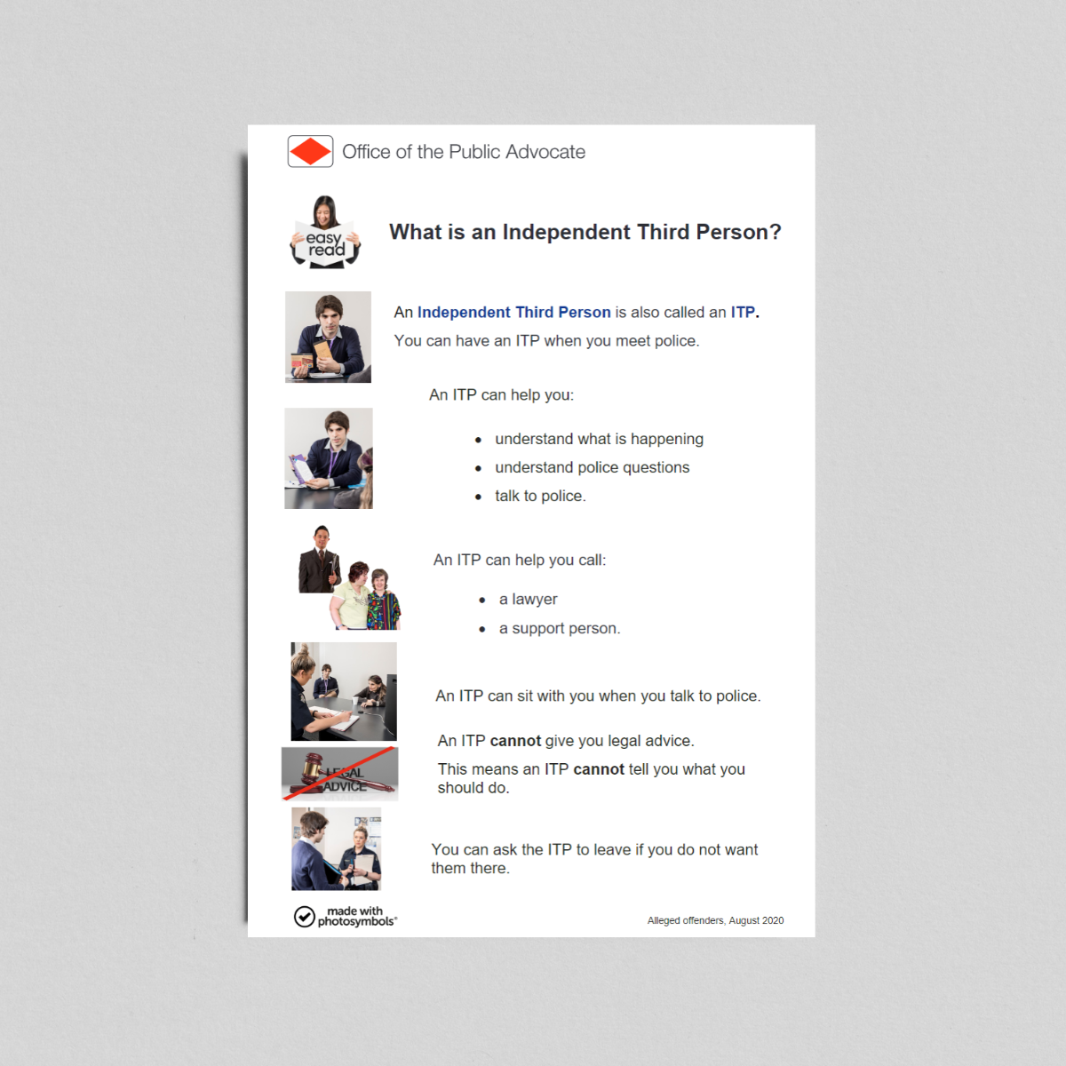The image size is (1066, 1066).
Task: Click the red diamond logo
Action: tap(310, 151)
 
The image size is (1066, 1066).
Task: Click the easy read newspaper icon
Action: tap(325, 233)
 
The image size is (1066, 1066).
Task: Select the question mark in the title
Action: tap(775, 232)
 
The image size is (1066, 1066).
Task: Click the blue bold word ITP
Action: tap(743, 312)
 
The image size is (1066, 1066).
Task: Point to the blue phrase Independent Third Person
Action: tap(514, 312)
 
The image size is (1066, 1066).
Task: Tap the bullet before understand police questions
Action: tap(478, 468)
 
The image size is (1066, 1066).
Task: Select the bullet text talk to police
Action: tap(540, 496)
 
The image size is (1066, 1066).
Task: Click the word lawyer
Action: tap(535, 600)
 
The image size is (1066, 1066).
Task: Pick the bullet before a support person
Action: tap(481, 629)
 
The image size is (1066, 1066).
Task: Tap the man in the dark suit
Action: tap(320, 560)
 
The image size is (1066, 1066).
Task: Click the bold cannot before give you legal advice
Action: tap(515, 741)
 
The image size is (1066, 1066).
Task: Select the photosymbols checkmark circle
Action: tap(305, 917)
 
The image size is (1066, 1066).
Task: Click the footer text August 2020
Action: tap(756, 920)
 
